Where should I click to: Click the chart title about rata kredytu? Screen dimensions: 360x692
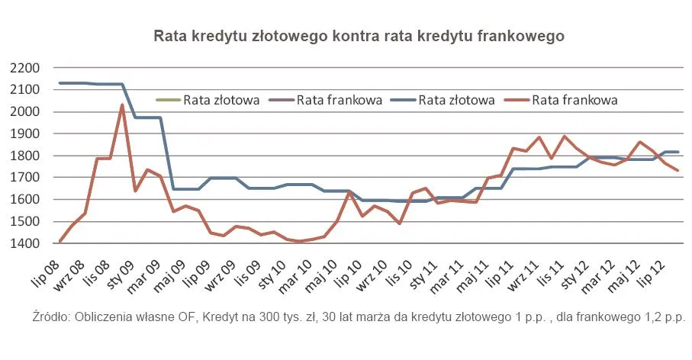(x=359, y=36)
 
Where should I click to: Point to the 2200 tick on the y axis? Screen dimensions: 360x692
(x=25, y=68)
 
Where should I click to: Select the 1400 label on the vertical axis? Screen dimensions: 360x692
(x=25, y=244)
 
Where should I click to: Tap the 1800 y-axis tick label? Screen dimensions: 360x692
(x=25, y=156)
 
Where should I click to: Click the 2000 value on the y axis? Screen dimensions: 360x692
(x=25, y=112)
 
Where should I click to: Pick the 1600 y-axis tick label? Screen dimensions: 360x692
(x=25, y=200)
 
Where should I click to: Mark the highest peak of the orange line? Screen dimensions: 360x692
(x=122, y=105)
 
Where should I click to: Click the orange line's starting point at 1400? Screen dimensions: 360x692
(x=60, y=242)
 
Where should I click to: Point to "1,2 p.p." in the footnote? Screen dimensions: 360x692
(x=664, y=316)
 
